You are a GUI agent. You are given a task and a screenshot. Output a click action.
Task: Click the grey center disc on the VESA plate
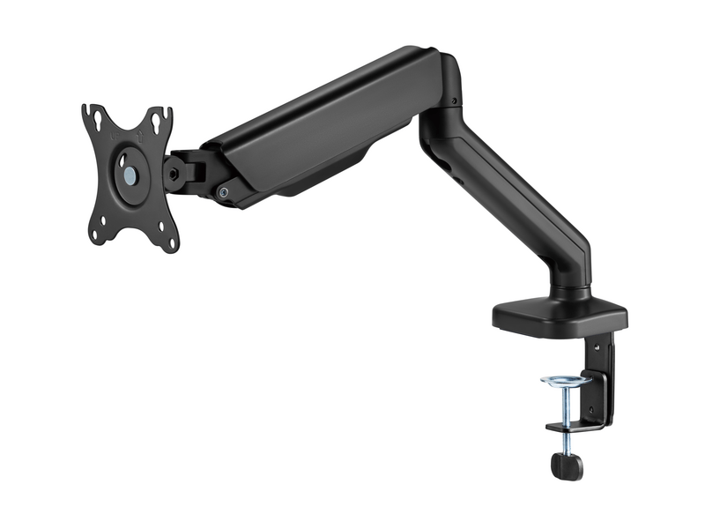click(x=130, y=175)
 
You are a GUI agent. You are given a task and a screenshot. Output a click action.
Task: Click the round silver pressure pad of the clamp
click(x=565, y=381)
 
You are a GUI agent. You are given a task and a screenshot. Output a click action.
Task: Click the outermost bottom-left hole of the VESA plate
click(x=95, y=236)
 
